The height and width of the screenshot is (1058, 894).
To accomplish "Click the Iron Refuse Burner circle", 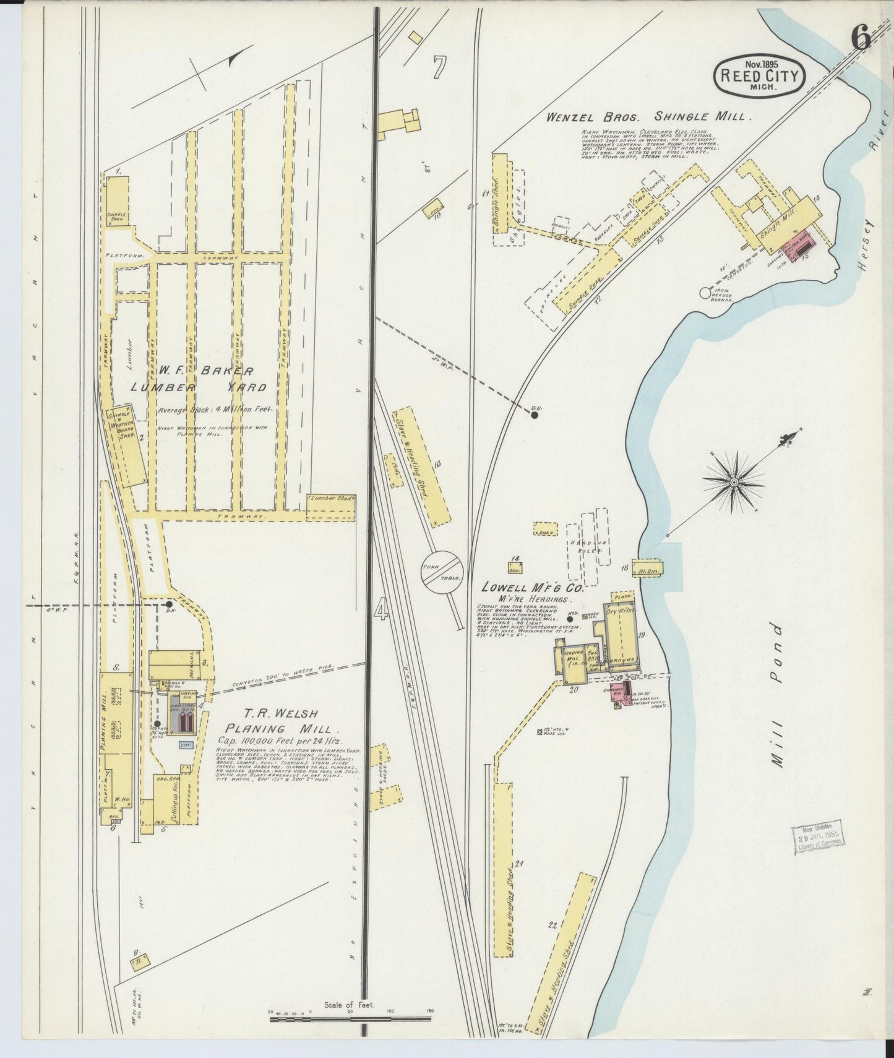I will [705, 293].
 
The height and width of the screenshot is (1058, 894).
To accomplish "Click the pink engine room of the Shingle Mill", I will [803, 243].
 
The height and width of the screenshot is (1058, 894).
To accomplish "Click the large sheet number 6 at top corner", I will [860, 38].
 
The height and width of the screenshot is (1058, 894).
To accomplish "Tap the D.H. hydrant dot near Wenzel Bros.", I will [535, 415].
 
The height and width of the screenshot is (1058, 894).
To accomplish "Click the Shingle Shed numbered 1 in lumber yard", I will [118, 201].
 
